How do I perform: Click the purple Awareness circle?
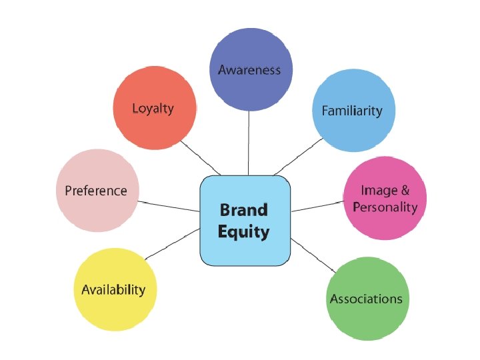coord(249,70)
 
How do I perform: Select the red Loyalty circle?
coord(154,108)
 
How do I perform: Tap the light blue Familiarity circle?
coord(353,111)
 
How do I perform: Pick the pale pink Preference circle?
coord(97,191)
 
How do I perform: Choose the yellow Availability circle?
coord(113,289)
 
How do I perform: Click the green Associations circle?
coord(366,298)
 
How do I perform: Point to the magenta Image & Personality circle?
coord(385,199)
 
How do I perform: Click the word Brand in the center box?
coord(244,210)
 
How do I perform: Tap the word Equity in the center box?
coord(244,232)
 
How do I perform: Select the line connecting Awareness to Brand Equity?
coord(249,143)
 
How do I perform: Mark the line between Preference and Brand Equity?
coord(169,205)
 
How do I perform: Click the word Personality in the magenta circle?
coord(385,207)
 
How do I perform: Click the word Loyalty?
coord(154,108)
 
